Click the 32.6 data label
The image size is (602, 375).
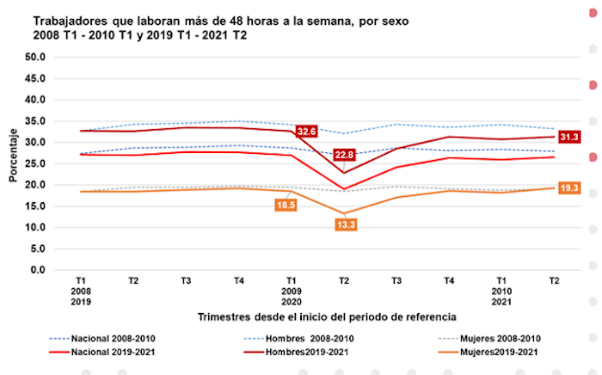307,132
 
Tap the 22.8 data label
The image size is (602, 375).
343,155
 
